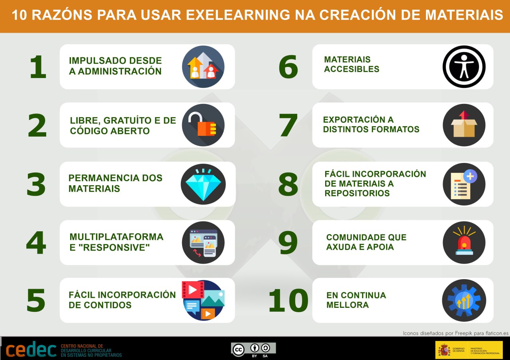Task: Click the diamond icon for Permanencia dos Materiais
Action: [203, 184]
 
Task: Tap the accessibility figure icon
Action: [464, 67]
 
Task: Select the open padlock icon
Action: [203, 125]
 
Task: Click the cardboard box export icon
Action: [464, 125]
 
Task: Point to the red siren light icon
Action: [464, 243]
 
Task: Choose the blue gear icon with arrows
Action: [464, 300]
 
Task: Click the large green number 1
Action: [38, 67]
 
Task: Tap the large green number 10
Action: [288, 301]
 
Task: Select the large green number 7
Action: [288, 125]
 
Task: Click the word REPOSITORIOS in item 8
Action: [357, 193]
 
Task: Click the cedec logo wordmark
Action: [31, 349]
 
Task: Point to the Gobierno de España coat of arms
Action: [444, 350]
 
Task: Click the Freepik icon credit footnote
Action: [456, 333]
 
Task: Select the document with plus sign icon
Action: [464, 184]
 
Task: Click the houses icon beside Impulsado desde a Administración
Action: [203, 67]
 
